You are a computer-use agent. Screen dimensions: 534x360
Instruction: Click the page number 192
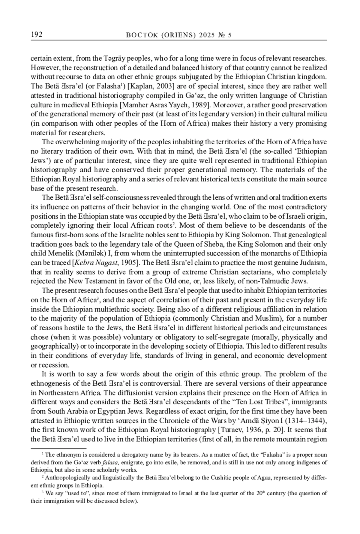pos(37,35)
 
